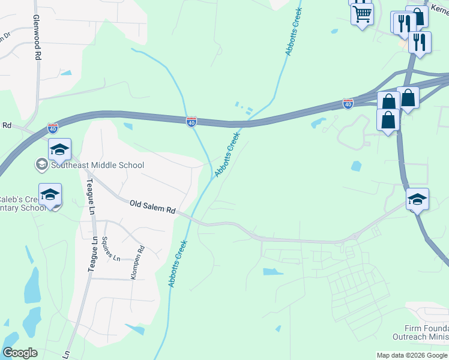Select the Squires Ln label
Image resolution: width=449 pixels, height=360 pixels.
coord(112,248)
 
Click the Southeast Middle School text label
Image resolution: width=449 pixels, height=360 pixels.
coord(97,165)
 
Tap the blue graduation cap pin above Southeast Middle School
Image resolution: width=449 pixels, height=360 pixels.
coord(59,149)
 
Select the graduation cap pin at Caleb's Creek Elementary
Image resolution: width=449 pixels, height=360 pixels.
coord(50,194)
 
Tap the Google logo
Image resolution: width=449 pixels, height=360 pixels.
coord(20,353)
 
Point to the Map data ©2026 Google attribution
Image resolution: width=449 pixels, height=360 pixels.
coord(412,355)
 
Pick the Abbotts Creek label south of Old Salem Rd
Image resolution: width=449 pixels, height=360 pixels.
coord(178,263)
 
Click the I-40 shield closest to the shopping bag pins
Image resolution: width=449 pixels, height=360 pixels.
coord(348,104)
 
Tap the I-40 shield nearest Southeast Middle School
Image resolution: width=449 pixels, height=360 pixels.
coord(53,128)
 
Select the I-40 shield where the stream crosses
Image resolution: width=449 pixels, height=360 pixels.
coord(191,122)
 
